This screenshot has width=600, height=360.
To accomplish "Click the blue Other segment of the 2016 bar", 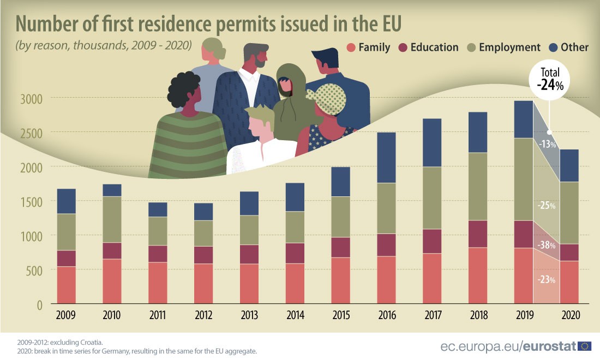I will pos(394,157).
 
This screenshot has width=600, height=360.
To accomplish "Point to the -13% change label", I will pos(547,145).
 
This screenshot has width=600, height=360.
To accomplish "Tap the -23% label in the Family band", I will pos(547,280).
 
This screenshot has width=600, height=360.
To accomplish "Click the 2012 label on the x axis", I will pos(203,316).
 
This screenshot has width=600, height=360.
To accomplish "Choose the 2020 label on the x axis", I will pos(569,316).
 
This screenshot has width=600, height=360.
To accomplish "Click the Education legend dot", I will pos(403,47).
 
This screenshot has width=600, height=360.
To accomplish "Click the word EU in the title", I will pos(385,24).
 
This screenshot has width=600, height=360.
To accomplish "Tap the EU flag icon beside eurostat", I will pos(585,345).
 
